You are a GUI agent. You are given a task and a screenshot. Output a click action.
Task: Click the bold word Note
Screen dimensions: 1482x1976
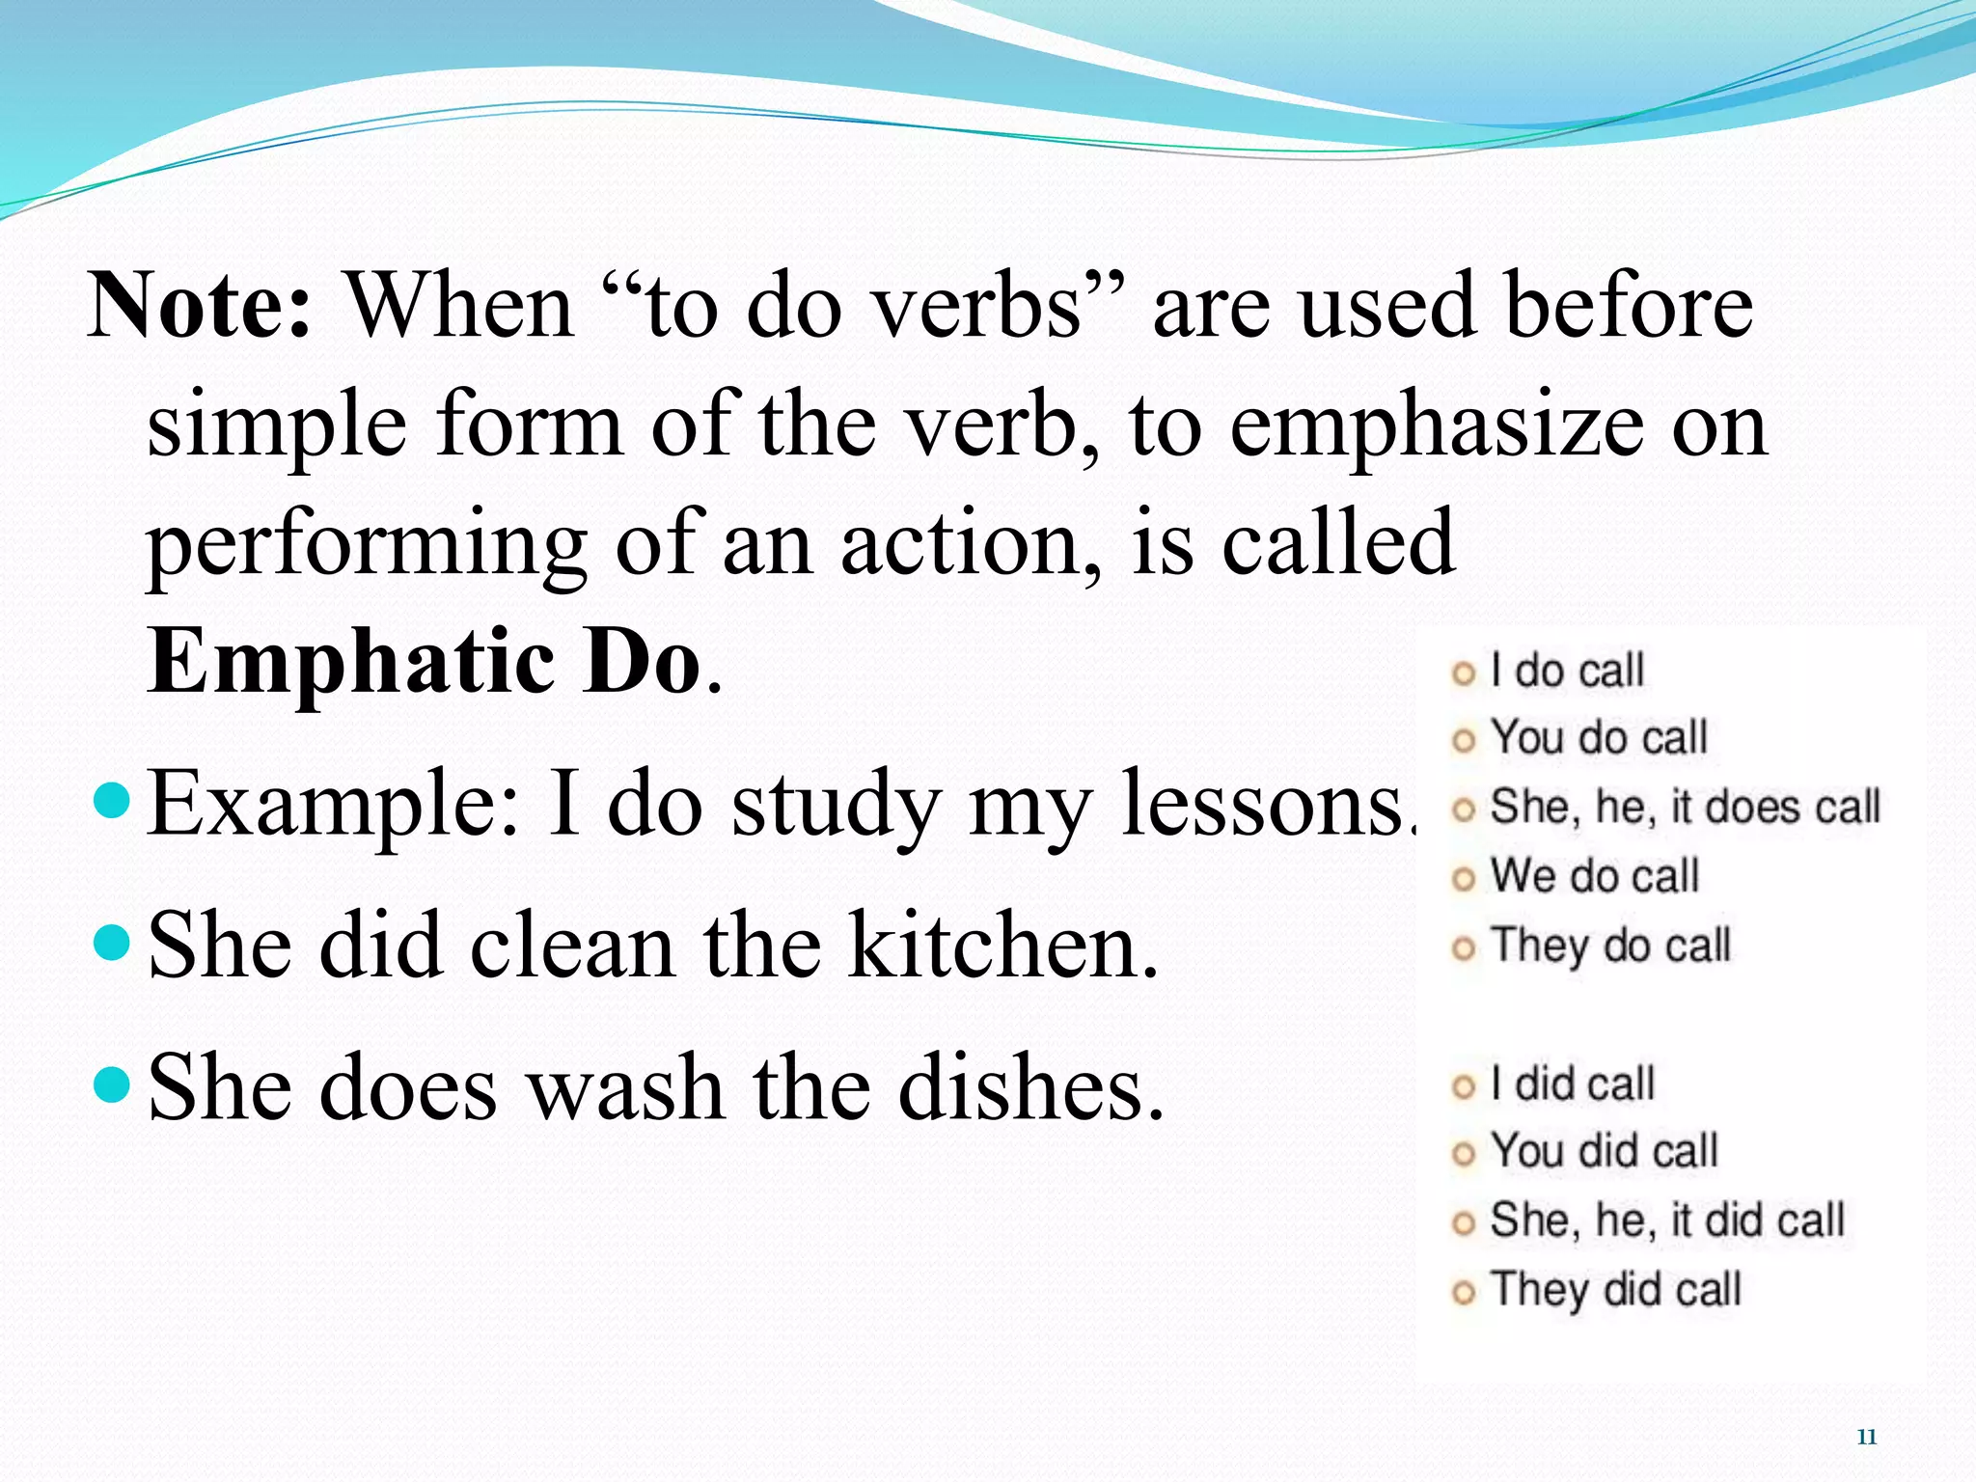199,306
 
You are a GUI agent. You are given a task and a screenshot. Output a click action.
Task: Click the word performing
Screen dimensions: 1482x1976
367,546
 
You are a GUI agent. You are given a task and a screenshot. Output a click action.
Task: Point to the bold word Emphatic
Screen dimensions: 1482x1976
352,662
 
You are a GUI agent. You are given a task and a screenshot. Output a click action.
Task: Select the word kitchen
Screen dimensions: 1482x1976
1003,947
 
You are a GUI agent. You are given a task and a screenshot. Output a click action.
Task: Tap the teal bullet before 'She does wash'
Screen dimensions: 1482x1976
114,1084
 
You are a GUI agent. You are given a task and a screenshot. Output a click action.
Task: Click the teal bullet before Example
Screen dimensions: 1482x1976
114,800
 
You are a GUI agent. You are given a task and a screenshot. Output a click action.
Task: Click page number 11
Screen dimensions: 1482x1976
1867,1438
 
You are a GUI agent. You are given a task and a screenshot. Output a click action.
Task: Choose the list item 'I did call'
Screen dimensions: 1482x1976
1572,1084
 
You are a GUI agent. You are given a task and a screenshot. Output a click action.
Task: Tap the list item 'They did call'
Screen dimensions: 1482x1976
1615,1290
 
